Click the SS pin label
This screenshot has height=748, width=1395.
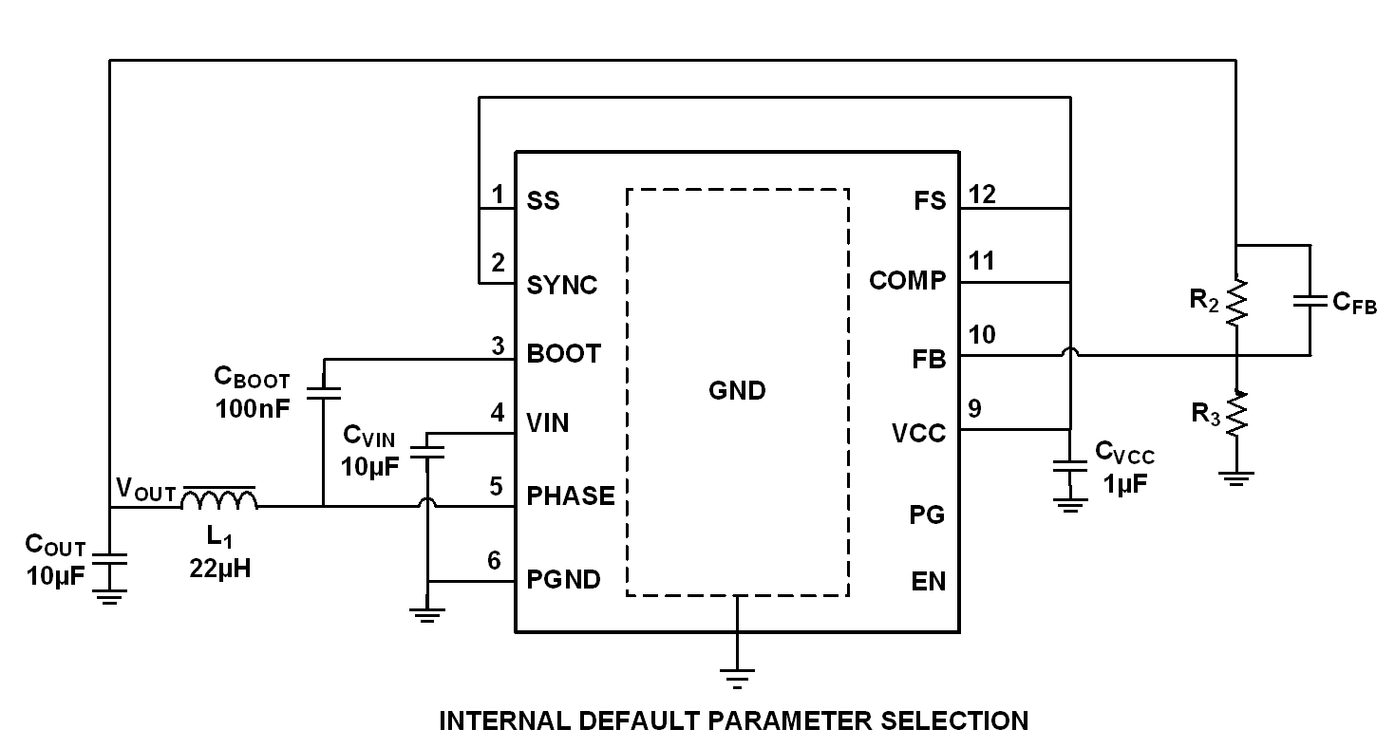pos(543,201)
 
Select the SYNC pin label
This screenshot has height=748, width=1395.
pos(562,285)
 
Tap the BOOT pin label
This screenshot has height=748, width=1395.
pos(564,354)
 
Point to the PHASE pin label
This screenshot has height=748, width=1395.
pos(571,496)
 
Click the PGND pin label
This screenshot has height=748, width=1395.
pos(564,579)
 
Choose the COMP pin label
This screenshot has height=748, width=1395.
pos(908,281)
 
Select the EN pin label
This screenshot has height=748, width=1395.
pos(928,581)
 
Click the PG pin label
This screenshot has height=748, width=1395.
pos(927,515)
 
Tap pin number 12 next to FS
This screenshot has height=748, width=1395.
pos(982,195)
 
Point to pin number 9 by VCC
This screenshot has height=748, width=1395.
pos(974,409)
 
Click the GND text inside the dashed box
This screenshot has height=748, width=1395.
pos(737,390)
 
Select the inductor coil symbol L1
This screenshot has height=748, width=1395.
pos(219,500)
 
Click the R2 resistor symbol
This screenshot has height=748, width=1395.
pos(1236,302)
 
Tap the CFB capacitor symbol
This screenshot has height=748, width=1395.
pos(1310,301)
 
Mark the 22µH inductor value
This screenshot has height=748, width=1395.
pos(219,569)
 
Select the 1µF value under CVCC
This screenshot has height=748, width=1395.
pos(1125,483)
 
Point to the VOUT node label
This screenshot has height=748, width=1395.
pos(145,491)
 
